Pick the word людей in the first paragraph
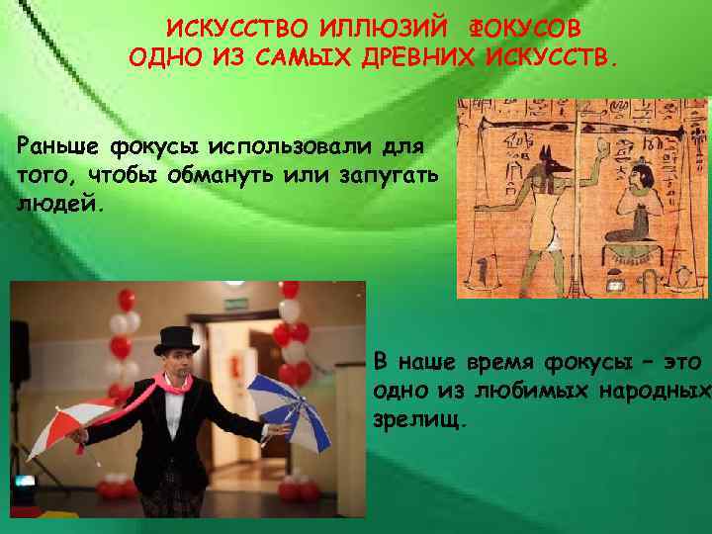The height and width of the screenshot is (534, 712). [x=54, y=201]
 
